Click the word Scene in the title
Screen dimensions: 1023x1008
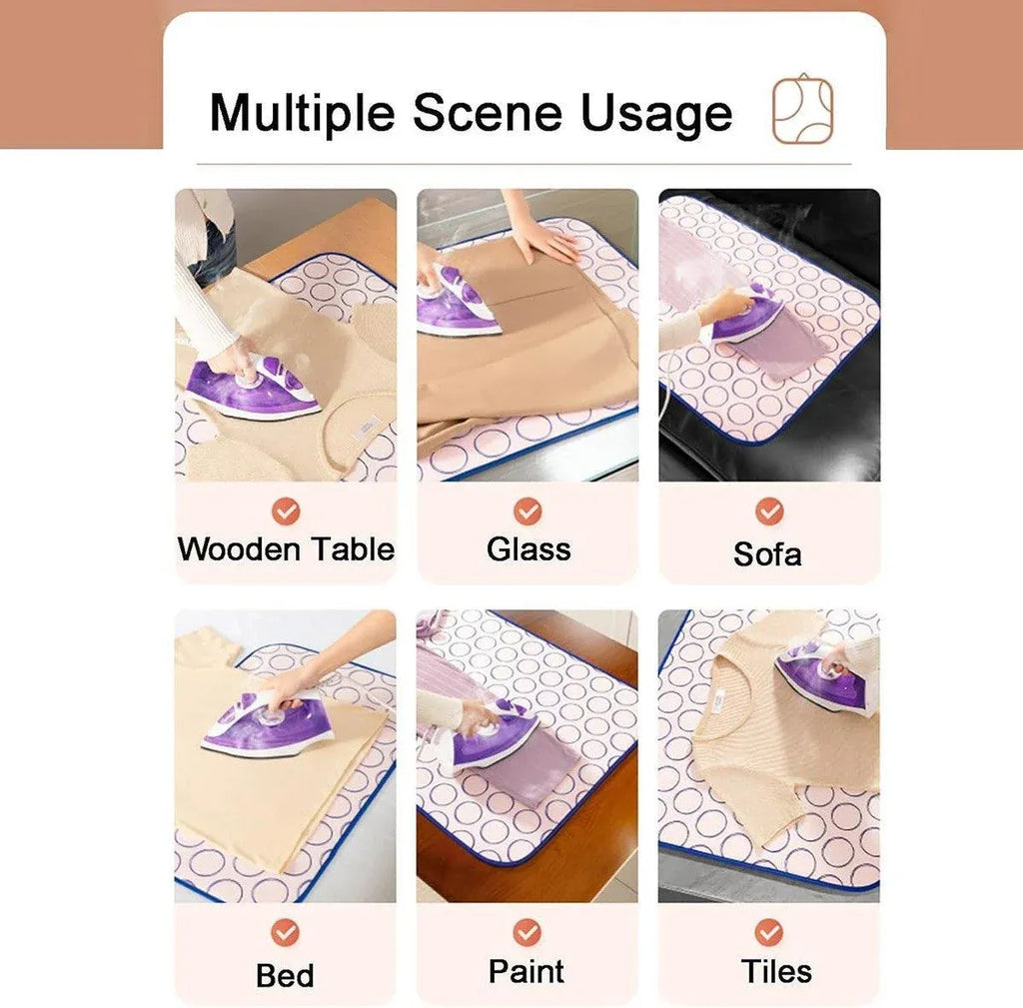[488, 112]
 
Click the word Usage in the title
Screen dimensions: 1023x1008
[656, 114]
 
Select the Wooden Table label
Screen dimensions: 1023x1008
[286, 548]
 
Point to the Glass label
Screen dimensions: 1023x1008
[528, 548]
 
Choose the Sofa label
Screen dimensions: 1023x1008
[767, 553]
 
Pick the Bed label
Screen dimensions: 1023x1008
[285, 976]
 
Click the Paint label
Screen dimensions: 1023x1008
[525, 971]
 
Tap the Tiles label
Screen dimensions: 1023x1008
[776, 971]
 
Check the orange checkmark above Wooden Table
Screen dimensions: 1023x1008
[286, 511]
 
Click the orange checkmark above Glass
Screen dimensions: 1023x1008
[527, 511]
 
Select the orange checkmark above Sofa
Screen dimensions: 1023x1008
[769, 511]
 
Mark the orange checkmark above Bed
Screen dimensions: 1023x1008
[285, 933]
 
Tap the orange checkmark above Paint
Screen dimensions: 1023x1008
[526, 933]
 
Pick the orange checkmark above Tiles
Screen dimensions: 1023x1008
[769, 933]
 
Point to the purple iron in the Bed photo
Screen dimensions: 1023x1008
[268, 723]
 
